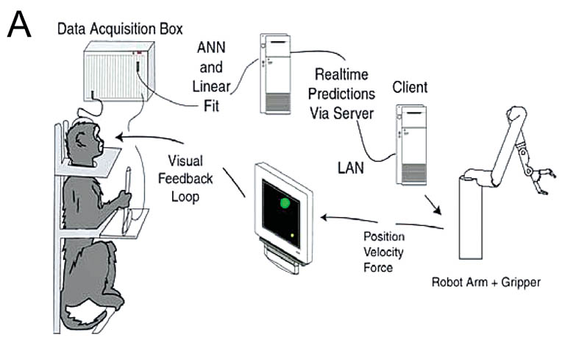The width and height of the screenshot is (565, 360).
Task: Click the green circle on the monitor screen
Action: tap(285, 202)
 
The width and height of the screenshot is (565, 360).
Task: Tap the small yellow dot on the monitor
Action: tap(292, 236)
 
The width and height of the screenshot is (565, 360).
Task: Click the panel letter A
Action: tap(19, 24)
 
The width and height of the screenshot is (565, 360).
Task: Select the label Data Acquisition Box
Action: tap(120, 29)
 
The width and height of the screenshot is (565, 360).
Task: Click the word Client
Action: tap(410, 87)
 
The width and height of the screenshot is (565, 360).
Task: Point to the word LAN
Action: tap(351, 168)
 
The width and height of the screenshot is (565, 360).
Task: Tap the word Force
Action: tap(378, 267)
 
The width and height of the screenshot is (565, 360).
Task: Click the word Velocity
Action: tap(383, 252)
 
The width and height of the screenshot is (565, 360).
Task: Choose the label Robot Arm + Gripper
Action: tap(486, 282)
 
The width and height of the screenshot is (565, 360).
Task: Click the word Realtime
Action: tap(341, 74)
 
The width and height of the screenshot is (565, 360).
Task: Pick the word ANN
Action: tap(211, 48)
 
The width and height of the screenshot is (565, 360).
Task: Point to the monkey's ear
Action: tap(79, 140)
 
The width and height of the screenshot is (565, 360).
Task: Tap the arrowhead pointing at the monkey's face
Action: tap(120, 137)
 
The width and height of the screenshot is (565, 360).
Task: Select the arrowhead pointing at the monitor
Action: tap(325, 217)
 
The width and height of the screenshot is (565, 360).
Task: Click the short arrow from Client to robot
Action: tap(433, 205)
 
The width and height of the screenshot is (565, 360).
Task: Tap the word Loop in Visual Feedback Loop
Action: tap(185, 197)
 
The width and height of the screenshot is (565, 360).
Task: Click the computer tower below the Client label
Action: tap(411, 145)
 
